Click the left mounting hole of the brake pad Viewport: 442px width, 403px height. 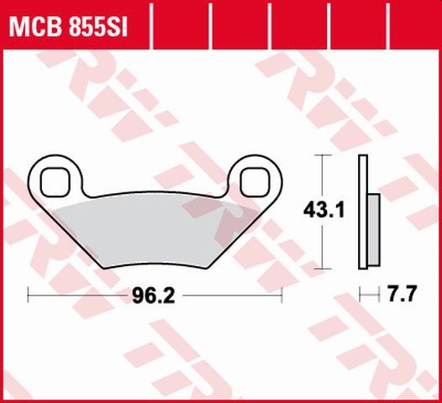[56, 180]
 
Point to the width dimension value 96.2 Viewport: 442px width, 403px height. [149, 296]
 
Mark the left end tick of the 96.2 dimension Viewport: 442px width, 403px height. [29, 296]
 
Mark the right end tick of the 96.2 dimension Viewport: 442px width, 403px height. [281, 296]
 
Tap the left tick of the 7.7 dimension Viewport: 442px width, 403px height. [359, 296]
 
